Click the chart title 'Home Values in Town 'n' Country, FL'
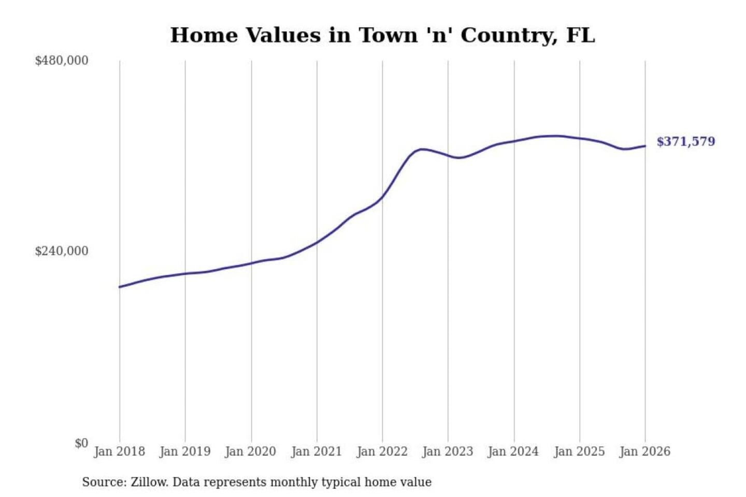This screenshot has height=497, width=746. point(382,35)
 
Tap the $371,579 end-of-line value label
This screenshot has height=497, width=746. point(685,141)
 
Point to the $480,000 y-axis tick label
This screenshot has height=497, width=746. point(62,61)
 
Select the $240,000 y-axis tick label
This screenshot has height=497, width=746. point(62,251)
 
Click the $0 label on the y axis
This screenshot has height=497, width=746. point(81,443)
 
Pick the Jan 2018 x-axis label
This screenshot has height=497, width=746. point(119,451)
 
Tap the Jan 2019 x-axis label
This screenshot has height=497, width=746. point(185,451)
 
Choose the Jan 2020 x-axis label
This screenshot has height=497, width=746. point(251,451)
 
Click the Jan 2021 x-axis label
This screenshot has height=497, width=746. point(317,451)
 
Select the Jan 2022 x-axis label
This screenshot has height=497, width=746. point(382,451)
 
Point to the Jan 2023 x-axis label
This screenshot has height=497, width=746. point(448,451)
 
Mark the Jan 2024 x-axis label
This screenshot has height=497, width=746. point(513,451)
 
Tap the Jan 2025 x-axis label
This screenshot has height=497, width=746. point(579,451)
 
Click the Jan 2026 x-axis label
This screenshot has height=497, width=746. point(645,451)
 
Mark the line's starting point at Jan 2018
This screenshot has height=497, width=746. point(120,287)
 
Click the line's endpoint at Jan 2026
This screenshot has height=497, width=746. point(645,146)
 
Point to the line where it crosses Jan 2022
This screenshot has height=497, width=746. point(383,196)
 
